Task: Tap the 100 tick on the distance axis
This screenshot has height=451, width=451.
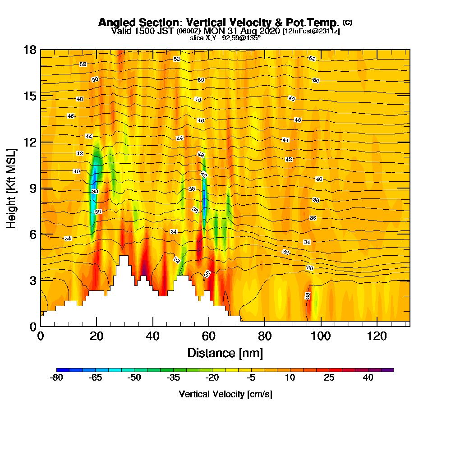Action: click(321, 336)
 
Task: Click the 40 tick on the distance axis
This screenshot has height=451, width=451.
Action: click(153, 336)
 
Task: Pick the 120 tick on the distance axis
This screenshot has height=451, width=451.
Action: click(377, 336)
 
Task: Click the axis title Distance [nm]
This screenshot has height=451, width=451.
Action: click(225, 353)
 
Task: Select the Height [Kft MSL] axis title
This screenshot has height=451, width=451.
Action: click(11, 188)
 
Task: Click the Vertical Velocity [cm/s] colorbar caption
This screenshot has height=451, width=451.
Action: click(225, 394)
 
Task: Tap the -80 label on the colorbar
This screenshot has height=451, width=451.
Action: click(56, 378)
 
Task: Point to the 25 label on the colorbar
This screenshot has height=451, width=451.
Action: click(329, 378)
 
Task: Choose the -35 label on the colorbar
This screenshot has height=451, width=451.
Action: click(173, 378)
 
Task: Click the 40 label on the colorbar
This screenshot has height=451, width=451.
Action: click(368, 378)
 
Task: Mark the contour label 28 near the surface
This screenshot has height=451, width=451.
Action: click(308, 296)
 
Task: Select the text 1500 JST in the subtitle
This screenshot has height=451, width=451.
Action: click(146, 31)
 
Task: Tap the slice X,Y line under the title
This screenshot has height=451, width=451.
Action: click(225, 38)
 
